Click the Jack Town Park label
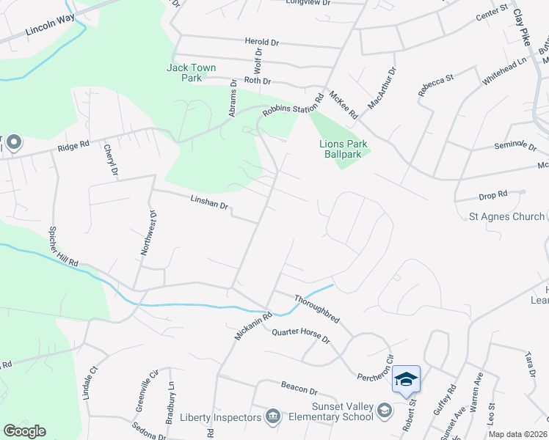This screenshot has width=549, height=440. pyautogui.click(x=191, y=73)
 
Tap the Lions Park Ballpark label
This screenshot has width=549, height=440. pyautogui.click(x=343, y=149)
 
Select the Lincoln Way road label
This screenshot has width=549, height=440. pyautogui.click(x=50, y=26)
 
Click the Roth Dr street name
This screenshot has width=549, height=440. pyautogui.click(x=258, y=81)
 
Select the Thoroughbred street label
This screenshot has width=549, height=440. pyautogui.click(x=317, y=308)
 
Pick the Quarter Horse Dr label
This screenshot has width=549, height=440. pyautogui.click(x=301, y=337)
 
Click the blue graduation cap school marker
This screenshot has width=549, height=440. pyautogui.click(x=406, y=379)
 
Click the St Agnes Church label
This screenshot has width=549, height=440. pyautogui.click(x=507, y=216)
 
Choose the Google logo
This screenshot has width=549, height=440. pyautogui.click(x=24, y=431)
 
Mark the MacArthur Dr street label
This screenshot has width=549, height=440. pyautogui.click(x=382, y=88)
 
